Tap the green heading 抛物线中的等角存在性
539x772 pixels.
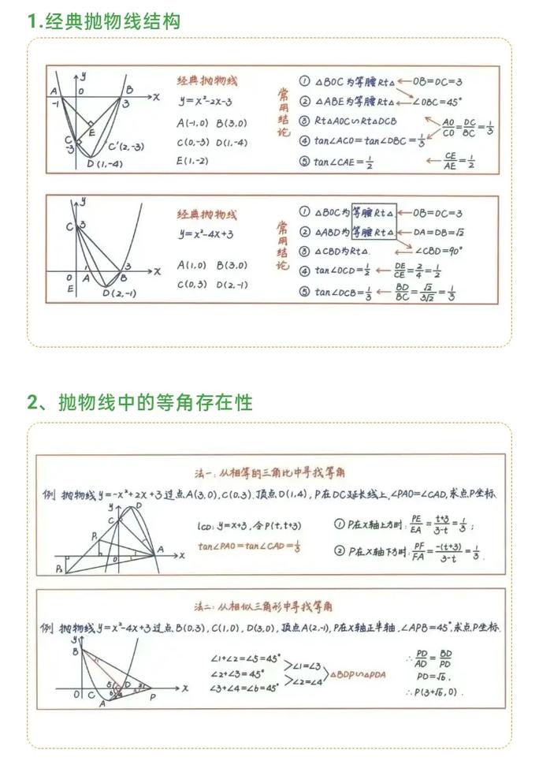tap(154, 402)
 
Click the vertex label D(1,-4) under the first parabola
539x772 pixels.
tap(104, 164)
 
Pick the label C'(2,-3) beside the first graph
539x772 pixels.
tap(126, 147)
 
